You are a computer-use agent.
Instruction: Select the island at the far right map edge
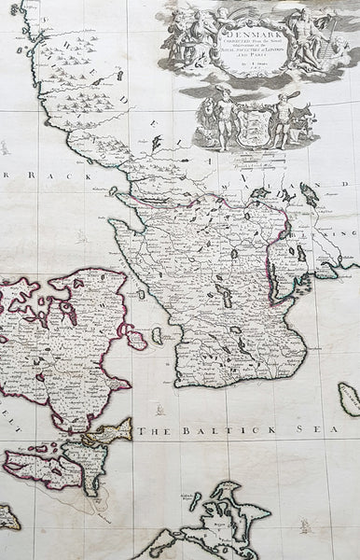pos(348,399)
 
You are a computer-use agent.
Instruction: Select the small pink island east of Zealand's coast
pos(136,338)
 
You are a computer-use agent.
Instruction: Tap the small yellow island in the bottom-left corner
pos(8,516)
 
